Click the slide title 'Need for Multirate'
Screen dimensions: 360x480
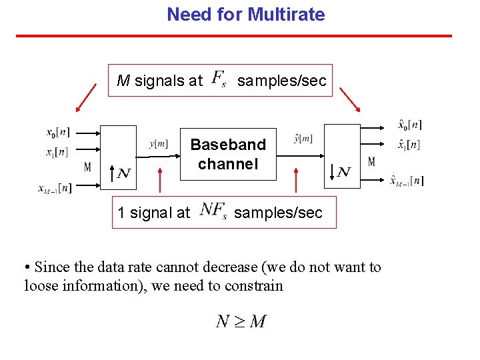click(245, 15)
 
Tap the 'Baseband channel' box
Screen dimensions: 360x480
click(228, 154)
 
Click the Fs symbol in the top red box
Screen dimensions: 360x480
click(219, 79)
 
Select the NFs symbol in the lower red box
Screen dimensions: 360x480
click(214, 211)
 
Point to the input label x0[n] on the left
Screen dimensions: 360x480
click(58, 132)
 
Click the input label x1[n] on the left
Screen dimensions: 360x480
click(57, 152)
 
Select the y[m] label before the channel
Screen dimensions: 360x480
click(158, 143)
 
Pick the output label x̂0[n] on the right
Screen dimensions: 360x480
click(409, 125)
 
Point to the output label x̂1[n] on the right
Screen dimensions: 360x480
click(408, 145)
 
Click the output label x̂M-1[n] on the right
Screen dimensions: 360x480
click(407, 180)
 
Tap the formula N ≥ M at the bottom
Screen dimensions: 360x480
click(241, 321)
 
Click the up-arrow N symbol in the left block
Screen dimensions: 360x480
click(119, 173)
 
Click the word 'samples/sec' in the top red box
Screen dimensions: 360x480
click(282, 81)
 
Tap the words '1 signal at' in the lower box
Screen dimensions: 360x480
click(153, 213)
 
